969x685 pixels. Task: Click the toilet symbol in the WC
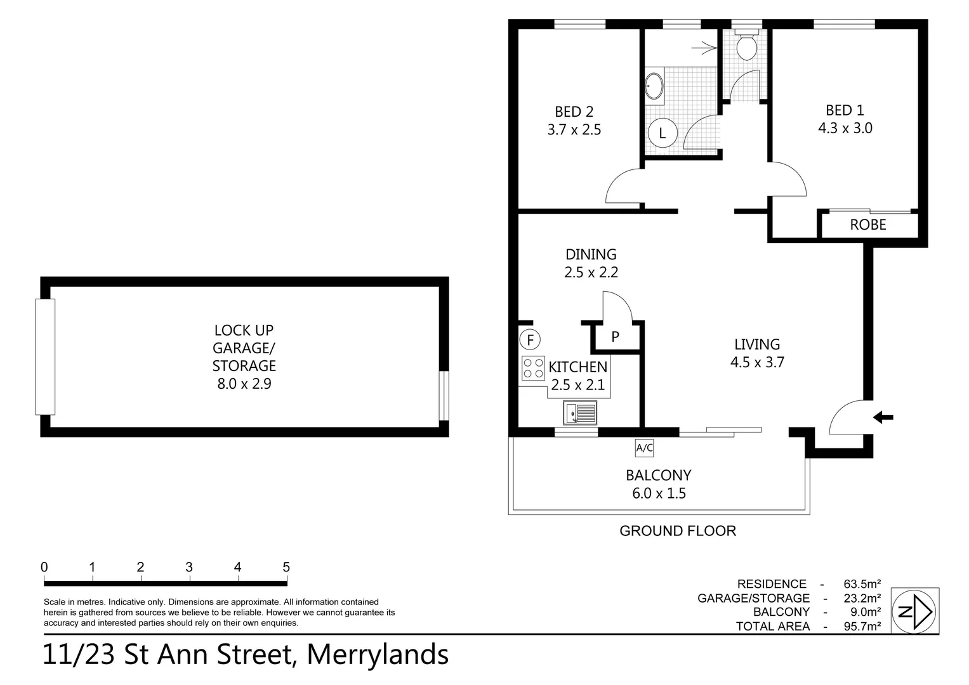click(745, 45)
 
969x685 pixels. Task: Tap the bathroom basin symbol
click(654, 86)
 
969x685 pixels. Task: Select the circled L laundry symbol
click(662, 134)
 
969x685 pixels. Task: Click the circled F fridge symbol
click(529, 340)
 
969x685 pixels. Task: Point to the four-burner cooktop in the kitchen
click(533, 368)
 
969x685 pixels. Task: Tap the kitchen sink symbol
click(579, 413)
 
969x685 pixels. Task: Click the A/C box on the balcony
click(644, 448)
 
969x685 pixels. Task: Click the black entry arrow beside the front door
click(883, 417)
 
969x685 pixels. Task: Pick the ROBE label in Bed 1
click(867, 225)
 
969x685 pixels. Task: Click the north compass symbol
click(915, 611)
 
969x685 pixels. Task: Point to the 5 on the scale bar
click(286, 567)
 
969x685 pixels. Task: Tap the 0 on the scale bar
click(44, 567)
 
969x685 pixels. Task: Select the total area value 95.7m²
click(862, 626)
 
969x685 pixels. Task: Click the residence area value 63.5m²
click(862, 584)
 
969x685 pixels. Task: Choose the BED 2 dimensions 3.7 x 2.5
click(574, 130)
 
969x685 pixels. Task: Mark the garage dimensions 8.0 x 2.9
click(244, 384)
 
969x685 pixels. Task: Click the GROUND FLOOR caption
click(677, 531)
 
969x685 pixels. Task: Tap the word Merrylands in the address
click(378, 655)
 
